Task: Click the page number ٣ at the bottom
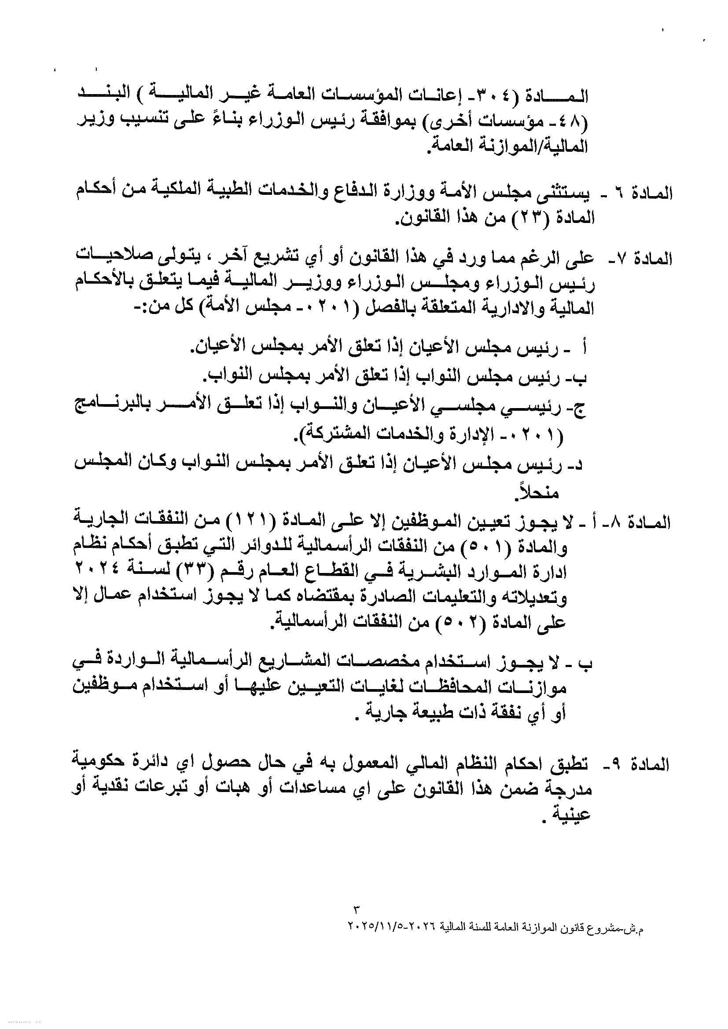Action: [357, 909]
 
